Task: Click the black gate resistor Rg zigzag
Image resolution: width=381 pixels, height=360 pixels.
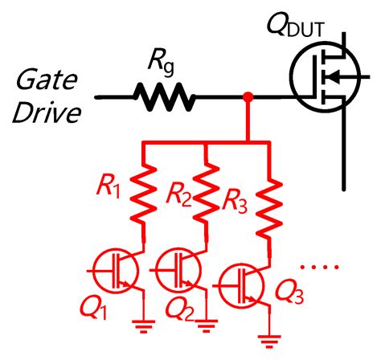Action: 164,97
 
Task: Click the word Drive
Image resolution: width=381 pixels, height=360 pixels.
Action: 46,113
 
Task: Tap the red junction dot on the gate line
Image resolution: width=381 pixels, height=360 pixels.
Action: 249,98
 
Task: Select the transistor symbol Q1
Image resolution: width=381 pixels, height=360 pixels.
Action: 117,269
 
